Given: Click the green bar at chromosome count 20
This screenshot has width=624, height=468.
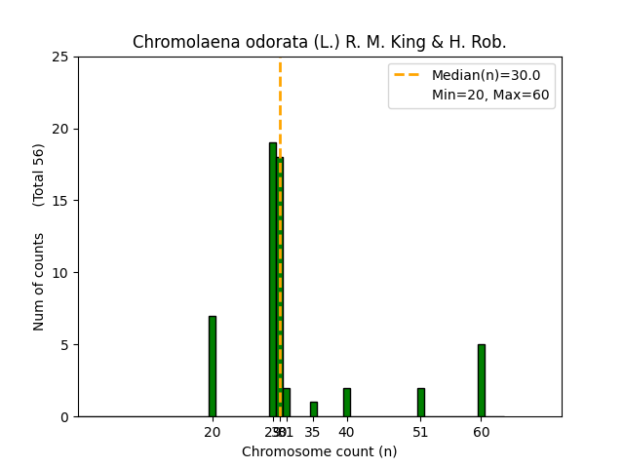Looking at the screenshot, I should (212, 366).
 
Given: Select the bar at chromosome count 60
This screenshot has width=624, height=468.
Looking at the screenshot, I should (481, 380).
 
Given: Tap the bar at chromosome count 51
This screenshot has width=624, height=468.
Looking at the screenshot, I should (420, 402).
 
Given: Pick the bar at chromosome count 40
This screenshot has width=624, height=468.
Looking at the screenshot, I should (346, 402).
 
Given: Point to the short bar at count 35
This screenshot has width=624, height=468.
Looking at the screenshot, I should (313, 409).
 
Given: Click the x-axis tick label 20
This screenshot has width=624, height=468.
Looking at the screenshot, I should (212, 432).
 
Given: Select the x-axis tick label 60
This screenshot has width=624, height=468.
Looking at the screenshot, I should (481, 432).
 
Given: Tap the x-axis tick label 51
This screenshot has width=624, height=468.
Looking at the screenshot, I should (420, 432).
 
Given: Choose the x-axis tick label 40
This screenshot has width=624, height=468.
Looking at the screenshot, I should (346, 432).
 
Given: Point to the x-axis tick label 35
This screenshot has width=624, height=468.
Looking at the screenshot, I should (313, 432).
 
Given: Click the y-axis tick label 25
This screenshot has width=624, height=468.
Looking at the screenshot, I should (60, 57).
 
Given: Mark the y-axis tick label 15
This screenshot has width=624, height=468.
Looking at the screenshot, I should (60, 201).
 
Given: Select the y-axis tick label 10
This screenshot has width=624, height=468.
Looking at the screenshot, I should (60, 273).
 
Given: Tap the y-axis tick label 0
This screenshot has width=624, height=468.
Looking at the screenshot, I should (64, 417).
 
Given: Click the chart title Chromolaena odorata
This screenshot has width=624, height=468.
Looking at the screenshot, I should (319, 43).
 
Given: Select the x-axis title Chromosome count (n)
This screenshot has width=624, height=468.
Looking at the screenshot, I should (319, 451).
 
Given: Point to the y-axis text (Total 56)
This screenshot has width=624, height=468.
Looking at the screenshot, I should (39, 175).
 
